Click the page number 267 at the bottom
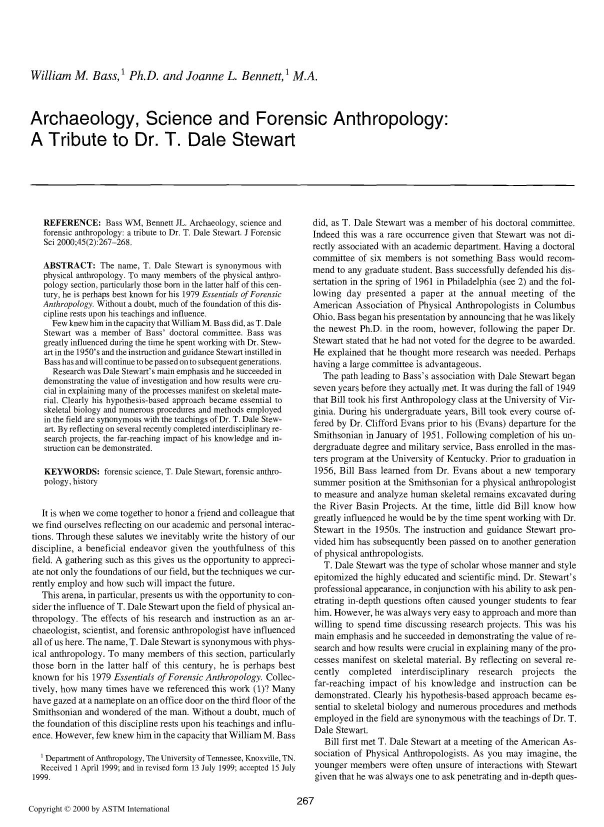tap(304, 800)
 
